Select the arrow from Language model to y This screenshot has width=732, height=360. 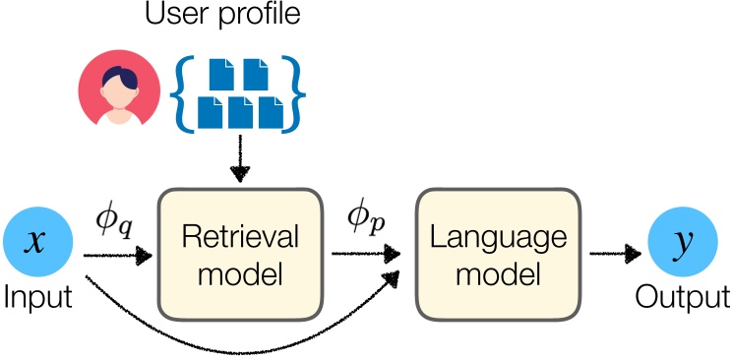coord(615,255)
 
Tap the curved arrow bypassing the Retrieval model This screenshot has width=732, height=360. coord(236,339)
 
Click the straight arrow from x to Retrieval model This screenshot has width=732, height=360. coord(118,256)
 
